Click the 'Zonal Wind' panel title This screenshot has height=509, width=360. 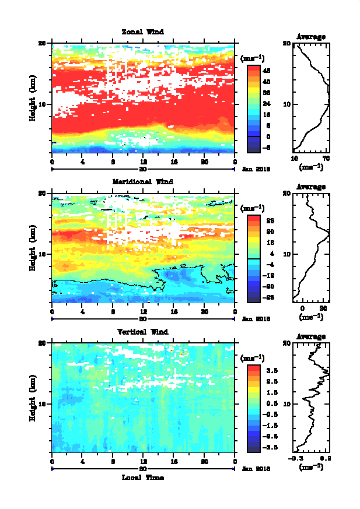[x=142, y=31]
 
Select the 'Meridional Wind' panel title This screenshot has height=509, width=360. [x=142, y=181]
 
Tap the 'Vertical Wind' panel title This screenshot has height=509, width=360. [x=142, y=332]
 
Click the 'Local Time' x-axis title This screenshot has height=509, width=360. [x=142, y=477]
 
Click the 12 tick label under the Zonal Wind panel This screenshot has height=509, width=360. [x=144, y=162]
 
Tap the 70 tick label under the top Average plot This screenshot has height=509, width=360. [x=327, y=159]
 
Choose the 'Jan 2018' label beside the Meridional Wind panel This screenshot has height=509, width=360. [x=255, y=318]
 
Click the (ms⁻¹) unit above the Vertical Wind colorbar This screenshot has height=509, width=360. [x=253, y=358]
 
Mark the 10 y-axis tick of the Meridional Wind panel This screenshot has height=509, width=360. [x=42, y=254]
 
